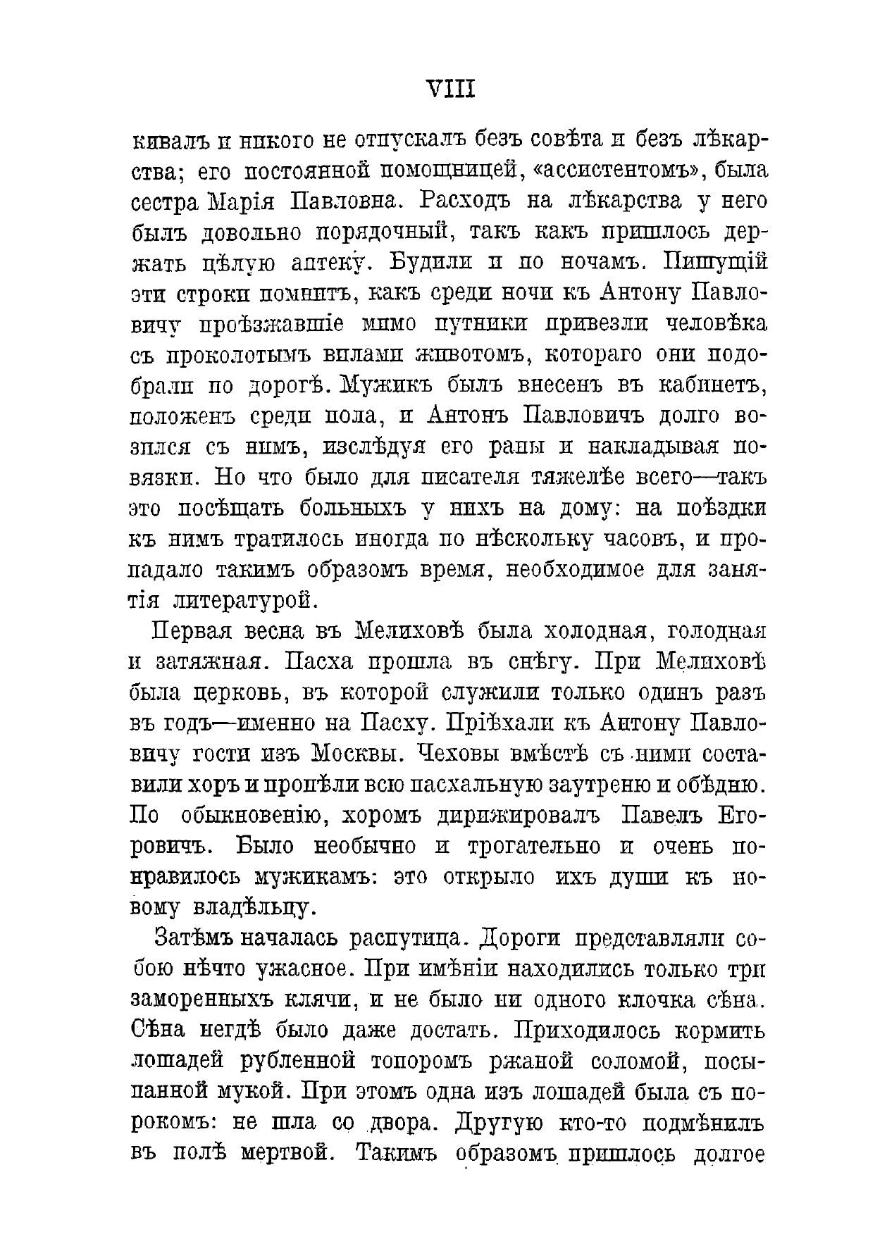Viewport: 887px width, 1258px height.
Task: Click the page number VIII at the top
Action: click(x=452, y=89)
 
